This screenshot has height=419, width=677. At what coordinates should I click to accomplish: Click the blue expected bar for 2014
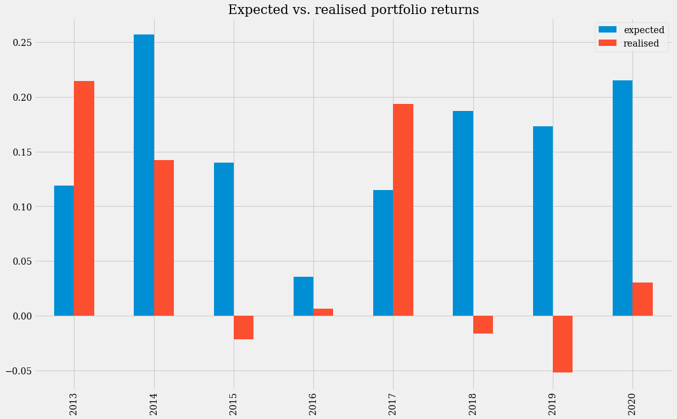[x=144, y=175]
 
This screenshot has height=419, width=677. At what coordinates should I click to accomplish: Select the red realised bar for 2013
[x=84, y=198]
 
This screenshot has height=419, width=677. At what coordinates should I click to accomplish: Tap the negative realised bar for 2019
[x=562, y=344]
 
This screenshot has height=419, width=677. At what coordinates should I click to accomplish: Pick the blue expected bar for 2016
[x=303, y=297]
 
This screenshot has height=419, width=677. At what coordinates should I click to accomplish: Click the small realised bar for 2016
[x=323, y=312]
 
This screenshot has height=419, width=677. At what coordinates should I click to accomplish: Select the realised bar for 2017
[x=403, y=210]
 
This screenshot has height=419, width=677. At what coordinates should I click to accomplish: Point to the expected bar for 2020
[x=622, y=198]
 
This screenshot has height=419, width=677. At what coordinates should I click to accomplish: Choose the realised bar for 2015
[x=243, y=327]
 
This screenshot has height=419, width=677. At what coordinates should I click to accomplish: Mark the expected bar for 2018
[x=463, y=213]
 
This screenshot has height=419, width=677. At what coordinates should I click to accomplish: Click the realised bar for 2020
[x=642, y=299]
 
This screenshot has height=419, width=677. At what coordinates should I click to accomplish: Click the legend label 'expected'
[x=644, y=30]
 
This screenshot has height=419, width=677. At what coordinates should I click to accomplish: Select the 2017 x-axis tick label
[x=393, y=403]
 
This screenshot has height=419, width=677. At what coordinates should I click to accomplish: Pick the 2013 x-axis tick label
[x=74, y=403]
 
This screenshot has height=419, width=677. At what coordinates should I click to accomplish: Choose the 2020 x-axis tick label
[x=632, y=403]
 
